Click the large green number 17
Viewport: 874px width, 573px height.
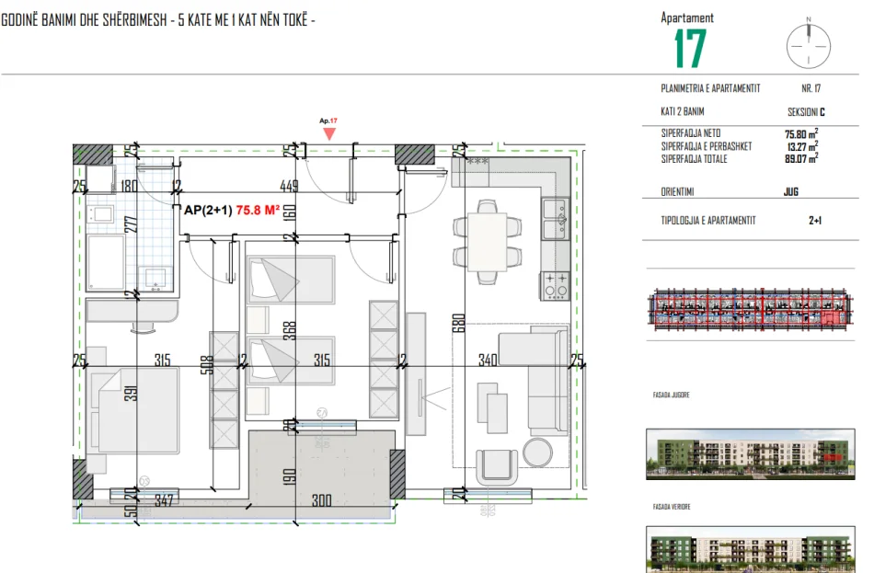click(689, 49)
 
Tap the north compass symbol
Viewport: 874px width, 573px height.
click(809, 42)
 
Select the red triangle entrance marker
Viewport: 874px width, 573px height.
click(329, 133)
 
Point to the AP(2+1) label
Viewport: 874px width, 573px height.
click(208, 210)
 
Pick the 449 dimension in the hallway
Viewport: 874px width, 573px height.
click(289, 186)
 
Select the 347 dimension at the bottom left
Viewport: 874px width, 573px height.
click(164, 501)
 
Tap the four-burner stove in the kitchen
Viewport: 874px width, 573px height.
click(556, 285)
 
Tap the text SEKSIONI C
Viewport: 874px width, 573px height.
click(806, 112)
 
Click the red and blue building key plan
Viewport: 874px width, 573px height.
click(747, 309)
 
